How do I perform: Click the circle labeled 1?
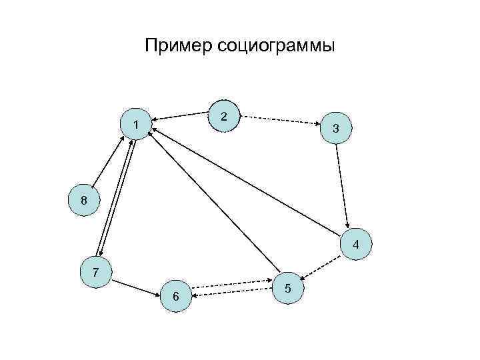[136, 125]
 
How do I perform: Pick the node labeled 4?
[355, 245]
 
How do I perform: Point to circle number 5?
[287, 288]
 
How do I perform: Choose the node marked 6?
[175, 295]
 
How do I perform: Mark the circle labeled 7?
[97, 273]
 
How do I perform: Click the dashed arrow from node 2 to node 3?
[280, 121]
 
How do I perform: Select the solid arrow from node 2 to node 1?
[180, 116]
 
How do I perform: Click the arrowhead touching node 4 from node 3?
[348, 226]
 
